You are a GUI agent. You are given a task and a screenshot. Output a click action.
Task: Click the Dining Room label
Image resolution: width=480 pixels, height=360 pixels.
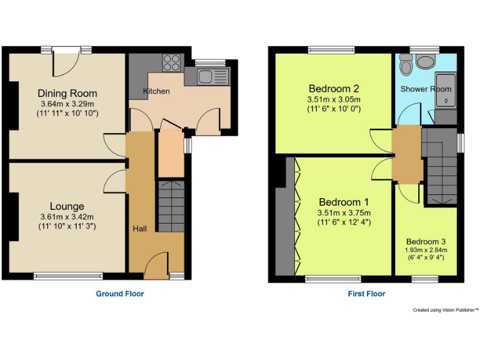click(x=67, y=94)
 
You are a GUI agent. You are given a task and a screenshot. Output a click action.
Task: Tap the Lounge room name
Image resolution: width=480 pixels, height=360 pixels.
click(x=67, y=206)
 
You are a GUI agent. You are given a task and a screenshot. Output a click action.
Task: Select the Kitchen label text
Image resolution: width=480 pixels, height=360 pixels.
click(x=156, y=91)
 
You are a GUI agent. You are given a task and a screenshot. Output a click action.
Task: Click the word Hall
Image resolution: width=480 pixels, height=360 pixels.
click(x=139, y=229)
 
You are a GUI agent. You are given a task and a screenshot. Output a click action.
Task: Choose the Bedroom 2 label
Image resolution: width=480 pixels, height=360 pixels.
click(x=334, y=88)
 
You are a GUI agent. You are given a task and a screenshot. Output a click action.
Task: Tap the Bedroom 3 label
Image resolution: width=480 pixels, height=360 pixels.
click(x=426, y=242)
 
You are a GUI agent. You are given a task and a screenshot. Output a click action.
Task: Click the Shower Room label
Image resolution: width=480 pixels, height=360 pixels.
click(x=425, y=89)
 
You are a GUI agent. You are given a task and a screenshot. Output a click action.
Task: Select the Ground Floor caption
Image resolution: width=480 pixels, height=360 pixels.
click(x=119, y=293)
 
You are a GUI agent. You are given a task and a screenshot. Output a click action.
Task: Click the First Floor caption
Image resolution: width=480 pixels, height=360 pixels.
click(x=367, y=293)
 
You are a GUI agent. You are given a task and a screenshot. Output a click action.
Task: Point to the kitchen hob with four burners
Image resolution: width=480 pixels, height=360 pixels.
click(x=171, y=62)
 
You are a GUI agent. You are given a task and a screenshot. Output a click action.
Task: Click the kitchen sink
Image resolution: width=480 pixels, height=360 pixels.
click(x=206, y=77)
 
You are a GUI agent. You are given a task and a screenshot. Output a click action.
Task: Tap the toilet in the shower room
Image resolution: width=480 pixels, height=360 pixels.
click(x=426, y=61)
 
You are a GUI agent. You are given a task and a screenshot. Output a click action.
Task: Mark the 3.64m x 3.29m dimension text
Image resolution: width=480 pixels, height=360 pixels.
click(x=67, y=104)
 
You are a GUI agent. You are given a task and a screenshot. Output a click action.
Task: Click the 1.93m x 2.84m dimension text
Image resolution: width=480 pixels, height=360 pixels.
click(x=426, y=250)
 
